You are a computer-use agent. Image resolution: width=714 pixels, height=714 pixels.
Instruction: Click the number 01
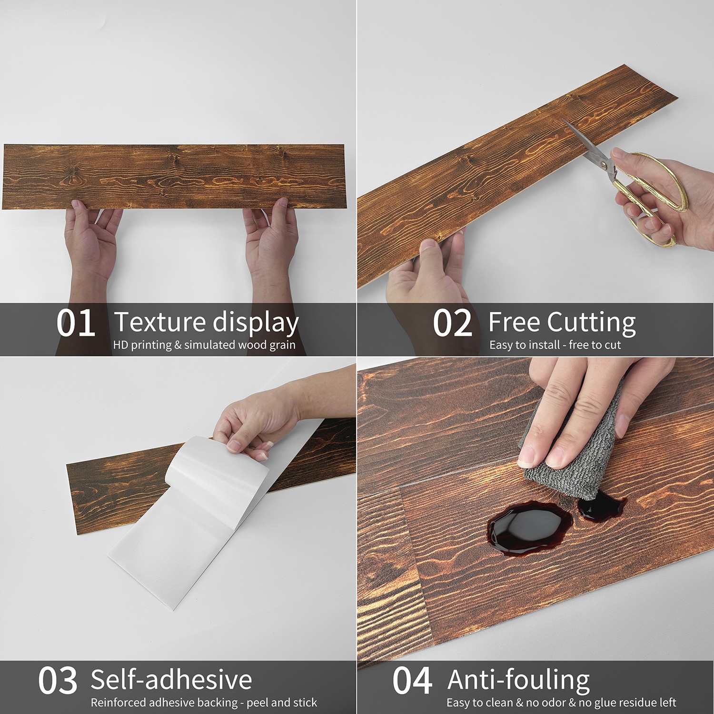pyautogui.click(x=75, y=323)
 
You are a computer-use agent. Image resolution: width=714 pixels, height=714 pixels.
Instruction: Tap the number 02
pyautogui.click(x=453, y=323)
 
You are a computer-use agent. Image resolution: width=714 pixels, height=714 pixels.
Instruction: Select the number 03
pyautogui.click(x=58, y=681)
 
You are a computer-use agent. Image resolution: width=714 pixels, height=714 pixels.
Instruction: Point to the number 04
pyautogui.click(x=412, y=681)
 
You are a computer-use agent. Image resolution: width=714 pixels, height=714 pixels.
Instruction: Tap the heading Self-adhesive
pyautogui.click(x=171, y=680)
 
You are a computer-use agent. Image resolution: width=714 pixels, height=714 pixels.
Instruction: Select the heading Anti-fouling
pyautogui.click(x=519, y=681)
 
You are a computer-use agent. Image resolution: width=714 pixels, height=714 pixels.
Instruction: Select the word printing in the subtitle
pyautogui.click(x=151, y=345)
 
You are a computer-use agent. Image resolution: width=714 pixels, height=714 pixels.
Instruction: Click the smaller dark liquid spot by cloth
pyautogui.click(x=601, y=506)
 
